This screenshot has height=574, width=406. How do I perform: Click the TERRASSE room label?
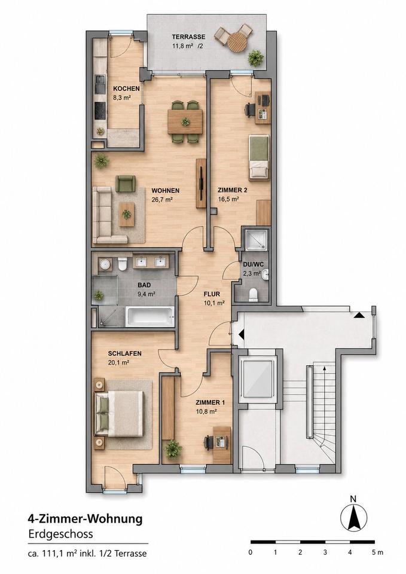[188, 37]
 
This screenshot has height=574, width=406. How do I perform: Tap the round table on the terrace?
[237, 42]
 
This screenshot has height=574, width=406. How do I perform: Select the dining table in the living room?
[185, 121]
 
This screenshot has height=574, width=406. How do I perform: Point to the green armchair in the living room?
[125, 184]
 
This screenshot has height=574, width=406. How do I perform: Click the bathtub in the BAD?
[149, 317]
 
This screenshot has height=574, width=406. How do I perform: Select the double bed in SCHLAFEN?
[120, 414]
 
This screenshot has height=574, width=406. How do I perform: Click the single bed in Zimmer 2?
[259, 157]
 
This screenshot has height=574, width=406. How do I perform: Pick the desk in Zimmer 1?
[222, 444]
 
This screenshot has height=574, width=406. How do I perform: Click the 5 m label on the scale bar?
[377, 552]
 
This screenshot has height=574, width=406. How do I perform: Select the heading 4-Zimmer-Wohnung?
[86, 519]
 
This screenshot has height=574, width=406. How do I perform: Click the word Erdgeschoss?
[60, 534]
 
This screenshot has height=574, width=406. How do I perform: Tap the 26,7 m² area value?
[162, 200]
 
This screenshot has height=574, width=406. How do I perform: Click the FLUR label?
[212, 294]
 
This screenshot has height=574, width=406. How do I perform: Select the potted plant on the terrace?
[256, 58]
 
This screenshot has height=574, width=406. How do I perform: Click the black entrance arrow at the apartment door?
[241, 334]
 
